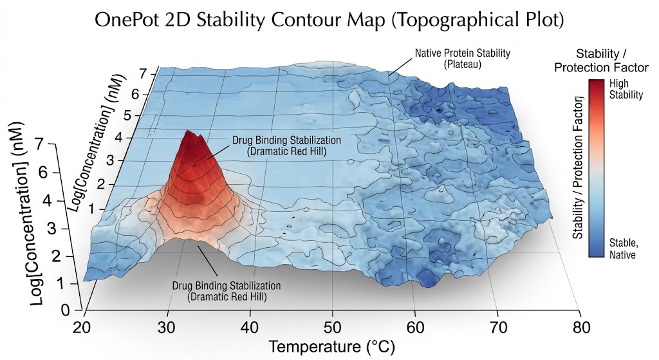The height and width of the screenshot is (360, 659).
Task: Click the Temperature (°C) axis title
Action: click(332, 346)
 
